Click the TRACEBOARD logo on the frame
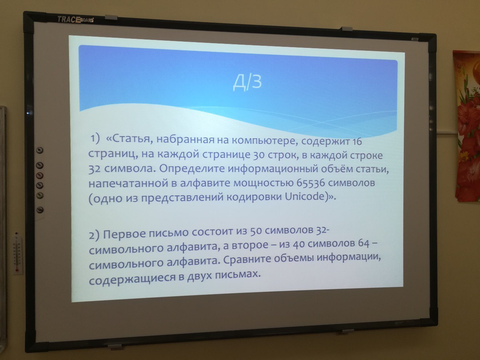tap(76, 20)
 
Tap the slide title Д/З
tap(247, 83)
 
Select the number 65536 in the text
tap(310, 183)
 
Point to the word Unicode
tap(305, 196)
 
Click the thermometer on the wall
tap(17, 253)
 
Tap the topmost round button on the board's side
tap(40, 150)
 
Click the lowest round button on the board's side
tap(40, 210)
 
